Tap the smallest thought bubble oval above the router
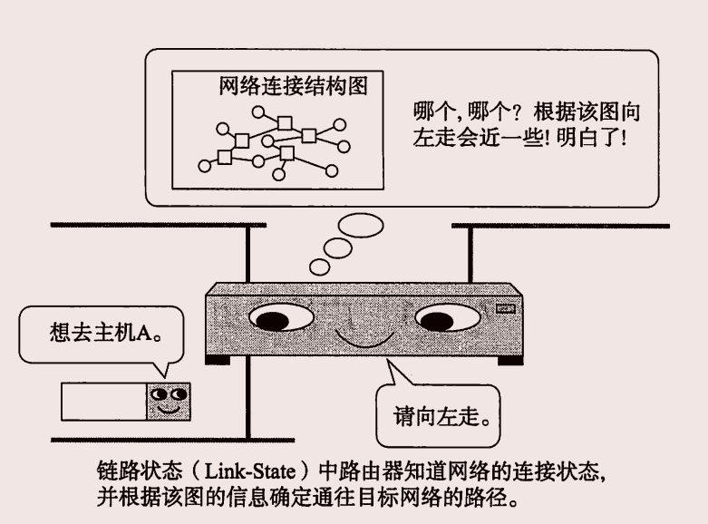[319, 267]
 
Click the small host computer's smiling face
[169, 400]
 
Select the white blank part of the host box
[102, 401]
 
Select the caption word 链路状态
[130, 473]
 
